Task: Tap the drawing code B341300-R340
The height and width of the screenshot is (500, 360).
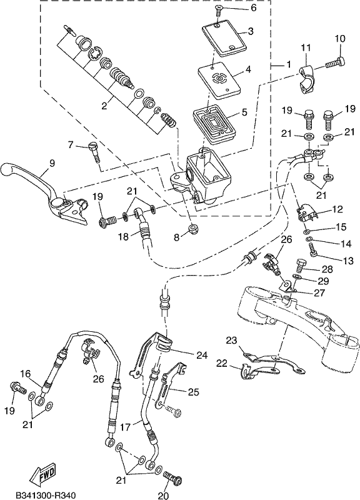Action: click(46, 495)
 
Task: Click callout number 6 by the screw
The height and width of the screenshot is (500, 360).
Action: click(254, 7)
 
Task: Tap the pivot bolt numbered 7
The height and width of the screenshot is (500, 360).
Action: click(94, 152)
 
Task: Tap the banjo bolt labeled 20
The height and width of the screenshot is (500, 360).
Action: click(172, 478)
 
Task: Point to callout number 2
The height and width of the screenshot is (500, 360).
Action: click(104, 106)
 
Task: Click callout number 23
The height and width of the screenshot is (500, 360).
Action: click(231, 341)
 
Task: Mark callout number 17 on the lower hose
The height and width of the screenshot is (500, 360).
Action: click(126, 427)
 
